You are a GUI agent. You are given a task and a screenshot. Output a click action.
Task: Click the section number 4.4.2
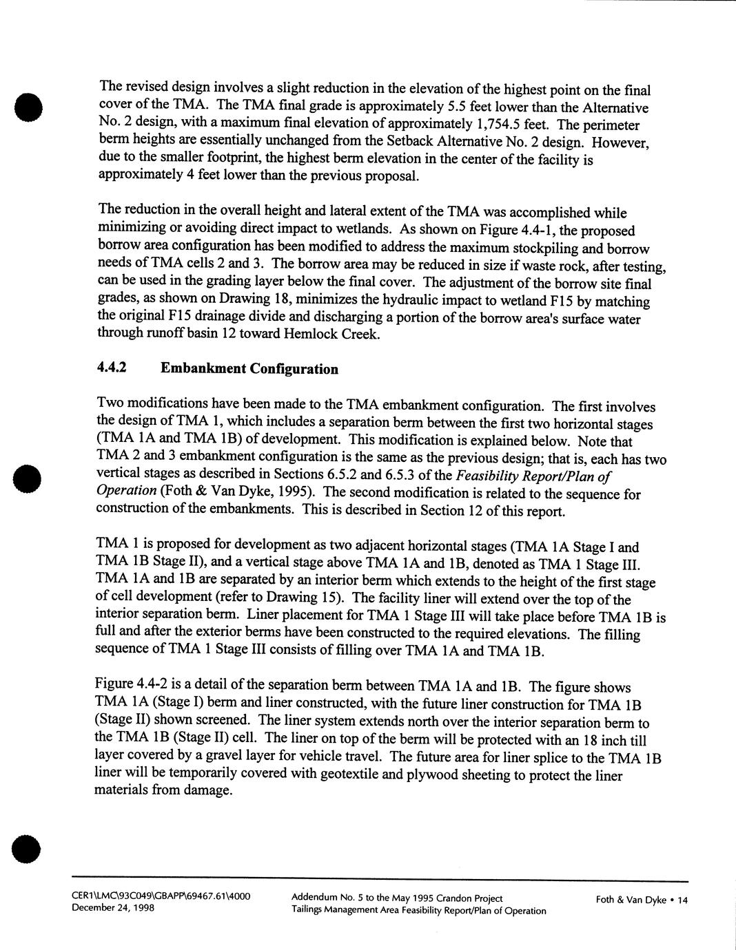[x=113, y=368]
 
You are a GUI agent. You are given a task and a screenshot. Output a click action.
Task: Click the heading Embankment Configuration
[x=249, y=368]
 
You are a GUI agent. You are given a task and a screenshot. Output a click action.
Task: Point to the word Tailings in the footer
[x=309, y=910]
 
